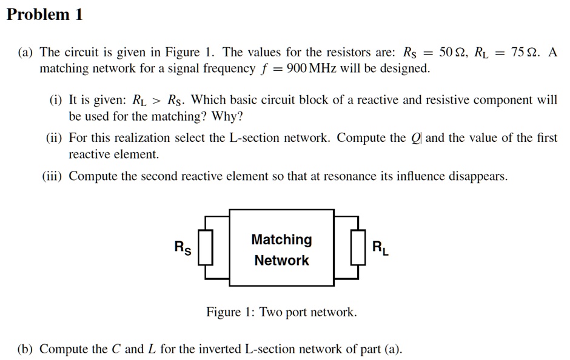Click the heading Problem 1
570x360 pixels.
44,15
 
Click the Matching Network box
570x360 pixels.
281,248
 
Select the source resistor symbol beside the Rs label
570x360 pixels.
207,247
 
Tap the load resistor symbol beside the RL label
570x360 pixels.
358,247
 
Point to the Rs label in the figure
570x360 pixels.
182,247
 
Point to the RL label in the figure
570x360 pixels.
380,247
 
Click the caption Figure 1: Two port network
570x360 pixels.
281,312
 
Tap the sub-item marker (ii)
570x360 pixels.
55,138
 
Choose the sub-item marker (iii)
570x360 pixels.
53,176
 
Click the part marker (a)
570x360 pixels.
25,52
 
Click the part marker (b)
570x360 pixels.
25,349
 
